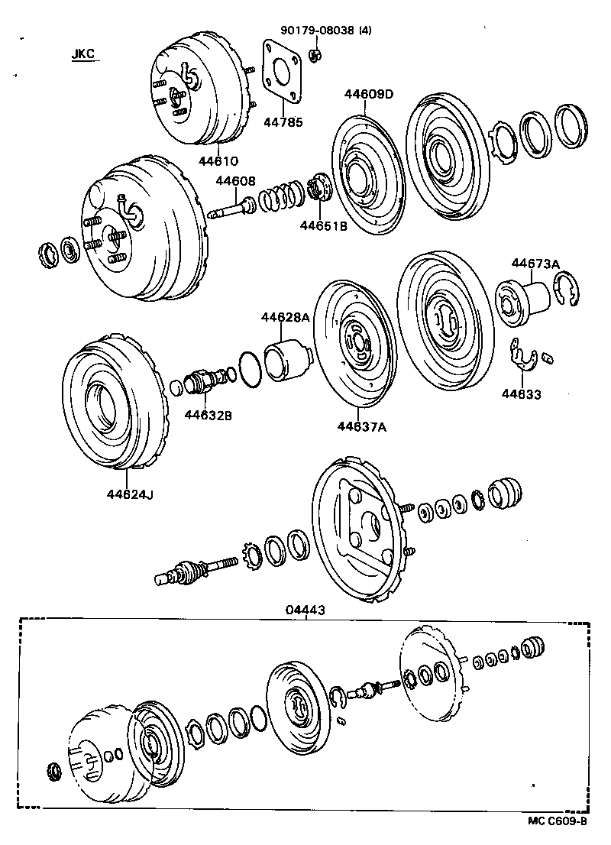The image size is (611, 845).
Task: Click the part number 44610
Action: point(218,161)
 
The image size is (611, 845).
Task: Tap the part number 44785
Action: point(283,121)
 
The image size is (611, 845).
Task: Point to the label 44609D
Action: point(370,96)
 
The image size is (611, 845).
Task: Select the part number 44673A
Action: point(535,264)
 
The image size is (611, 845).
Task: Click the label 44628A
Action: point(285,317)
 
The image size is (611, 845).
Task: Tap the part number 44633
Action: point(521,394)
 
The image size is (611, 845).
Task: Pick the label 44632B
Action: point(208,415)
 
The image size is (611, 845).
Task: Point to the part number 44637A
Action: point(361,427)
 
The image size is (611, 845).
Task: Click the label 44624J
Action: point(130,494)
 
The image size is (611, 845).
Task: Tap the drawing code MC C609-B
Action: point(556,821)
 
